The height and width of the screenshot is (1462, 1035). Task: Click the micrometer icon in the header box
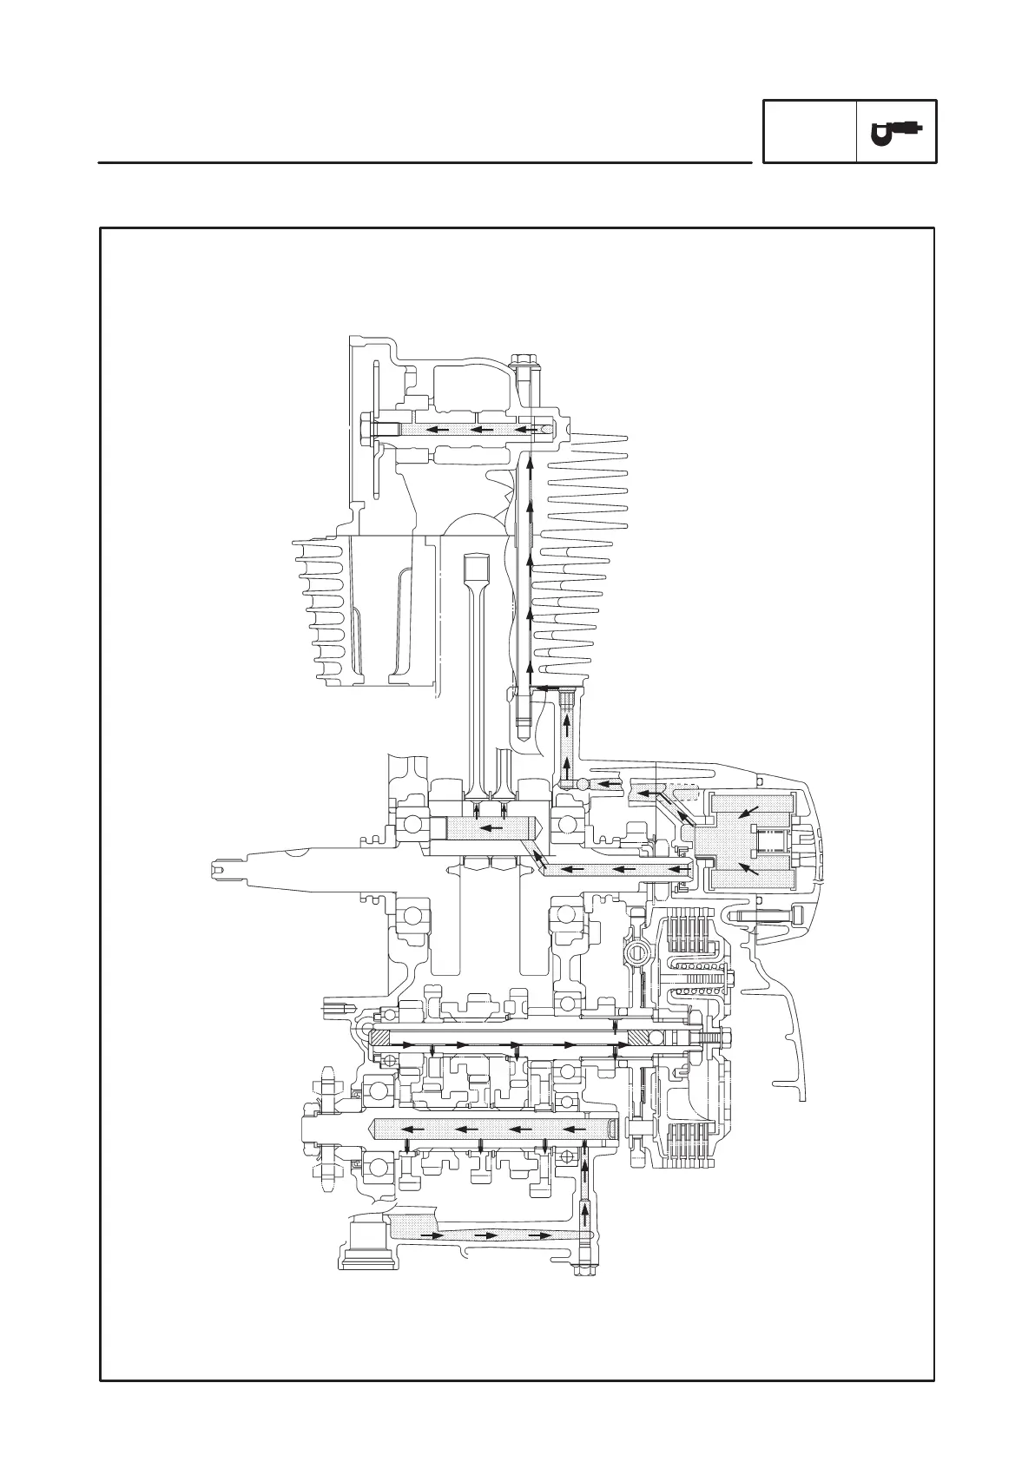(896, 131)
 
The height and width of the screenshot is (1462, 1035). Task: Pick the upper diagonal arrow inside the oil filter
(745, 813)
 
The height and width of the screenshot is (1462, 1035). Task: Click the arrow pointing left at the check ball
(611, 784)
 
